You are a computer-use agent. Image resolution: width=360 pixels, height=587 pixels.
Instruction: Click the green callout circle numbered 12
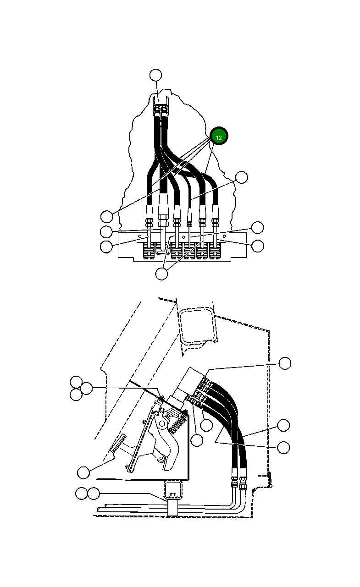pyautogui.click(x=219, y=137)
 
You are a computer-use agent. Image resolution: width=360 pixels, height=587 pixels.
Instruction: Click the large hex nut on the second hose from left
pyautogui.click(x=162, y=217)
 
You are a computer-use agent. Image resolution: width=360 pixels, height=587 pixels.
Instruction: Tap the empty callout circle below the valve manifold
pyautogui.click(x=162, y=274)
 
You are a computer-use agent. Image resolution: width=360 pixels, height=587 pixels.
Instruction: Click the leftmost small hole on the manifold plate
pyautogui.click(x=139, y=236)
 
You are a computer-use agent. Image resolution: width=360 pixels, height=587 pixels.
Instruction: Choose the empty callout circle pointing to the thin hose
pyautogui.click(x=241, y=177)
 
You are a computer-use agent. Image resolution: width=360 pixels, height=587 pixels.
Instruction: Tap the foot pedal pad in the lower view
pyautogui.click(x=118, y=444)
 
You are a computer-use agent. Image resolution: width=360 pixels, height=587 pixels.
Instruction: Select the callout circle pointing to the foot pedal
pyautogui.click(x=83, y=472)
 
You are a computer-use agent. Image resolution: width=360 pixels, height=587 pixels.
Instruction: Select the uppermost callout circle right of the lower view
pyautogui.click(x=285, y=363)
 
